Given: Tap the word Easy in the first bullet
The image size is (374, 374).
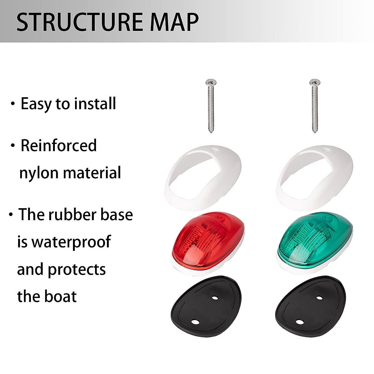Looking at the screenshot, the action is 36,104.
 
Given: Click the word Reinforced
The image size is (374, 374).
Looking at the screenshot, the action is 59,146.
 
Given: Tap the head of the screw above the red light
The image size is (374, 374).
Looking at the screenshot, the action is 211,83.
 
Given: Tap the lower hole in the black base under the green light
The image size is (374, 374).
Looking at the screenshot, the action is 299,322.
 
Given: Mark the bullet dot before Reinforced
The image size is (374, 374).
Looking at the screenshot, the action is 13,145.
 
